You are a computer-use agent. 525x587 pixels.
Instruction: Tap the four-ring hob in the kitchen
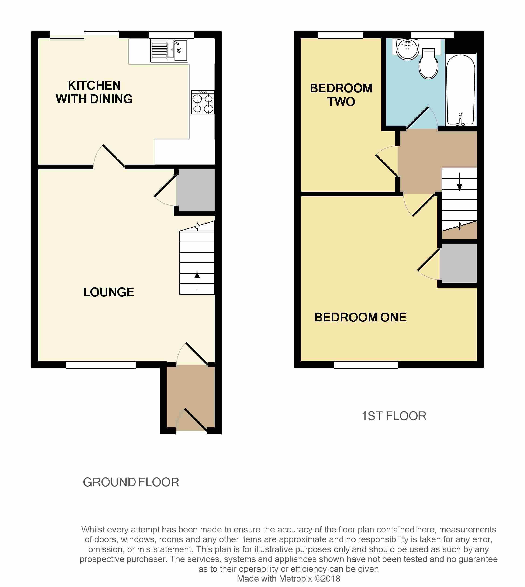(203, 102)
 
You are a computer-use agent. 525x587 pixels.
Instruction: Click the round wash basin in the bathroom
(407, 49)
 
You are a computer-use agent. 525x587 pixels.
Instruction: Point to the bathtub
(460, 90)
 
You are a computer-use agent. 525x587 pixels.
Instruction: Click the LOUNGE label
(109, 292)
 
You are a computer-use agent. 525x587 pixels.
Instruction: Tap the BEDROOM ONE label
(361, 317)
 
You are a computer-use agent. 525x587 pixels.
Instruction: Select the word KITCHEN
(94, 85)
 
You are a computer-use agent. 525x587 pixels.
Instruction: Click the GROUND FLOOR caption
(131, 482)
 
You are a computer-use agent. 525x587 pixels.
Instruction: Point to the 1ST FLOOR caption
(394, 416)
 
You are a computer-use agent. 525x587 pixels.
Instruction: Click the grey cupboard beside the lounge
(196, 190)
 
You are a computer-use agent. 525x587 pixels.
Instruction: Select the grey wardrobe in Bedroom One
(459, 264)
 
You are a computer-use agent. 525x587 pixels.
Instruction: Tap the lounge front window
(101, 365)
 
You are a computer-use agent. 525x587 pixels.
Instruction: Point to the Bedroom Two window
(340, 35)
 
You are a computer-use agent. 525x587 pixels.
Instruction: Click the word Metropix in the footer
(295, 579)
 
